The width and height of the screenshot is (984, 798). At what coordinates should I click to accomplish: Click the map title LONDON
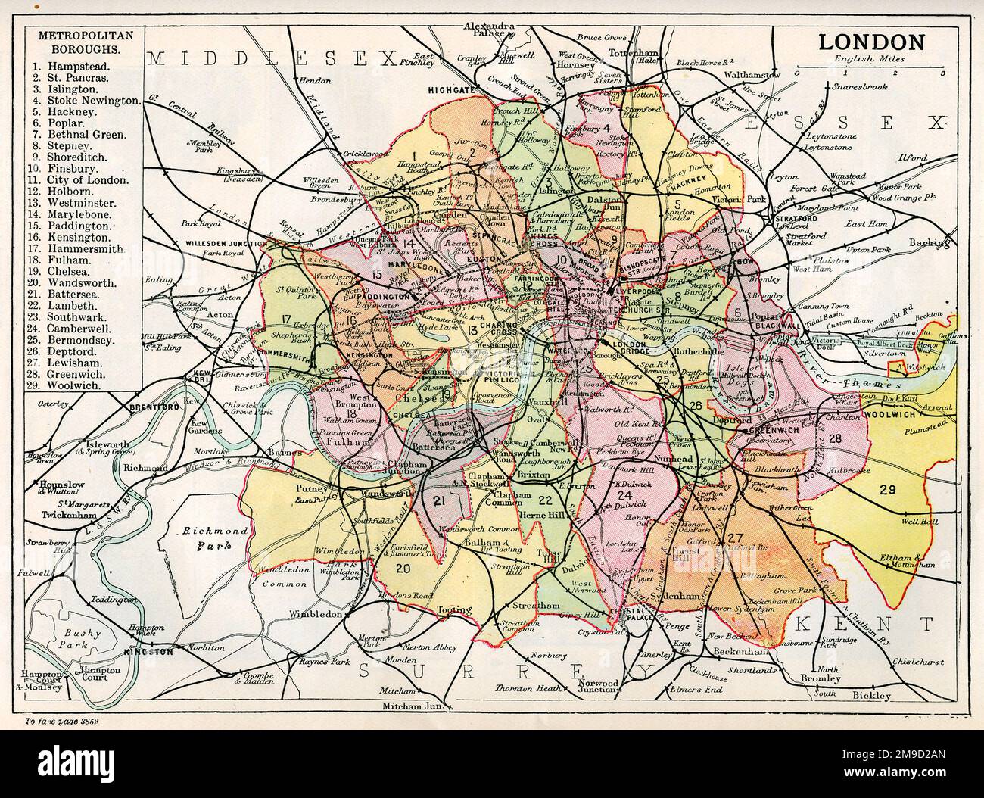[870, 42]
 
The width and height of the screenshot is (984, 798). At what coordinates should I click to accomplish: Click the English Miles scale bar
[869, 67]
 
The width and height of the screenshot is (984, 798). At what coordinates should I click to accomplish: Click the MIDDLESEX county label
[272, 58]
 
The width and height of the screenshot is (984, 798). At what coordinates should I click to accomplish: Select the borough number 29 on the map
[888, 489]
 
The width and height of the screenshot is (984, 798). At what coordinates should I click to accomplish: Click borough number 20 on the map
[403, 569]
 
